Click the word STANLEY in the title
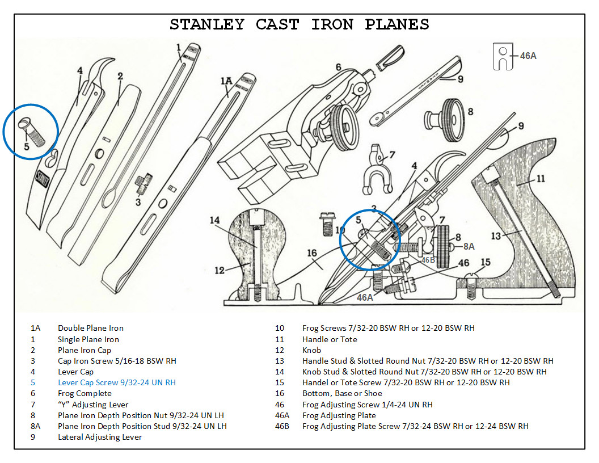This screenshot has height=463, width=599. (207, 25)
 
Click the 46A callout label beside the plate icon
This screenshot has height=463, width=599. (528, 56)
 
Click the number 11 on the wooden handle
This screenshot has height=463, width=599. (541, 179)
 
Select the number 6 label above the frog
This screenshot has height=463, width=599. (338, 68)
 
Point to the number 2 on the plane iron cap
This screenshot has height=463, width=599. (120, 75)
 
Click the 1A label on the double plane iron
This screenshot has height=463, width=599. (226, 82)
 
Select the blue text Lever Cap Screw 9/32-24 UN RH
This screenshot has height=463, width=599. (116, 382)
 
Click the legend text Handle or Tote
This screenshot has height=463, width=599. (330, 339)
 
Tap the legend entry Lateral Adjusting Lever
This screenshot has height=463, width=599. (99, 437)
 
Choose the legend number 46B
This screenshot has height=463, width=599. (282, 426)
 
